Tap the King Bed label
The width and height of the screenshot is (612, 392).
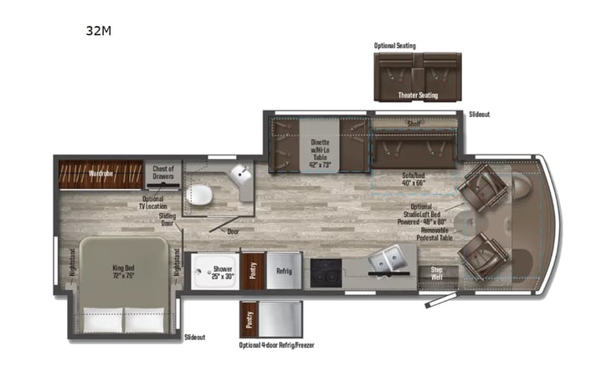[x=123, y=272]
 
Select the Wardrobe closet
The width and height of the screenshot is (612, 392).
[x=100, y=174]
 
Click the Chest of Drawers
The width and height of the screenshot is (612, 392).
[x=162, y=171]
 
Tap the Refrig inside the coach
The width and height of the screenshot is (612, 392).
[x=283, y=270]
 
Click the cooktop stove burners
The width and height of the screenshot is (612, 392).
[x=324, y=272]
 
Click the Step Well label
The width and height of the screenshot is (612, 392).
[x=436, y=272]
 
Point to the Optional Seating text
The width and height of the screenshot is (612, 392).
[x=394, y=46]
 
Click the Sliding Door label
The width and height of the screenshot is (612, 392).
[x=167, y=218]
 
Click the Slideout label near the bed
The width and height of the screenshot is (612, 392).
[x=194, y=337]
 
